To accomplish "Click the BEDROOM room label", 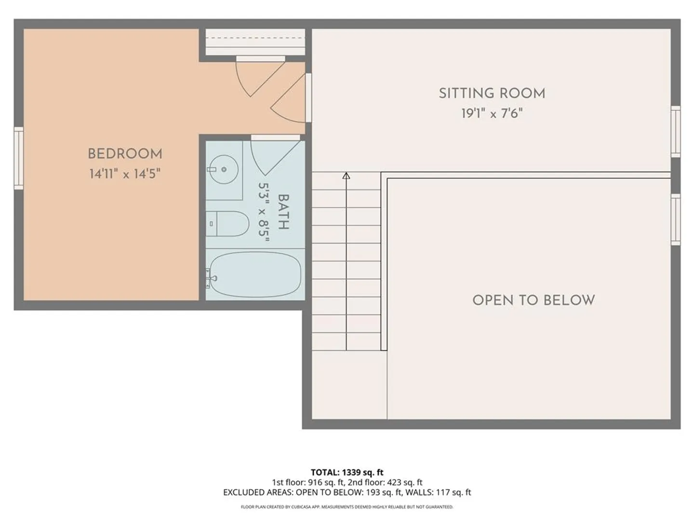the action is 125,154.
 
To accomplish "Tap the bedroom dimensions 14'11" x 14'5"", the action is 125,174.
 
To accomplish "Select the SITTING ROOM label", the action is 492,93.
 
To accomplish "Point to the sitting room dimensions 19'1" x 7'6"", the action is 492,113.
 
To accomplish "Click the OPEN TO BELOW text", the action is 534,300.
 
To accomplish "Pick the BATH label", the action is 283,212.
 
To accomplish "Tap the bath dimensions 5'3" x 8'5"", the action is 264,212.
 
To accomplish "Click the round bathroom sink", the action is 224,169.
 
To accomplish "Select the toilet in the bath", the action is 227,224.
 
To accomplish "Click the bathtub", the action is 255,274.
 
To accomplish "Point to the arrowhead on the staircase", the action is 346,176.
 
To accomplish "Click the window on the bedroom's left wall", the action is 19,158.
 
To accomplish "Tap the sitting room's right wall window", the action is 676,132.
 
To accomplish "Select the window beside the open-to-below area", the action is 676,219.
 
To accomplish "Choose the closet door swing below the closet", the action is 260,77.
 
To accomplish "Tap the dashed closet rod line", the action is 255,38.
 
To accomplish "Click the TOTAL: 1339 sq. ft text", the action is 347,472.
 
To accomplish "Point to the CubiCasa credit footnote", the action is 347,507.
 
